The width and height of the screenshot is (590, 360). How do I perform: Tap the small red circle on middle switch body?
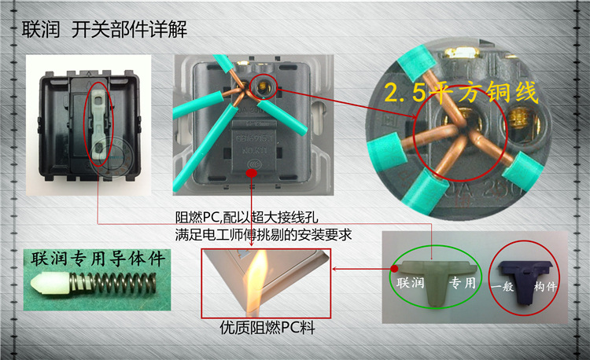click(x=251, y=166)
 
